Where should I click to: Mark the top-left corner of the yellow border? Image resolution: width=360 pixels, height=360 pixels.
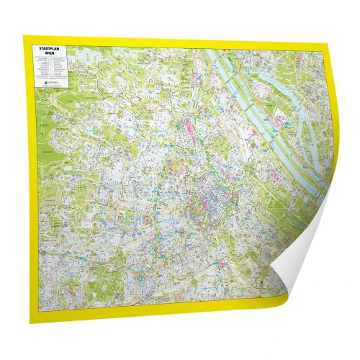[x=24, y=37]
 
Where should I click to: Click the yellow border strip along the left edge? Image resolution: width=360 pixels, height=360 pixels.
[x=27, y=180]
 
